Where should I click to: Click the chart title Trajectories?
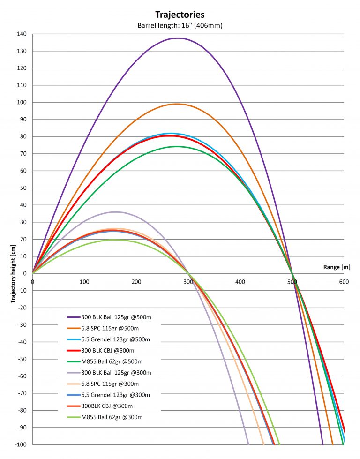180,15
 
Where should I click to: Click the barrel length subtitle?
180,25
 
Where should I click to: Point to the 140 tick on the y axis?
22,34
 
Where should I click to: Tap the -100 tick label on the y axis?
21,444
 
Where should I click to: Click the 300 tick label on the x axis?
188,282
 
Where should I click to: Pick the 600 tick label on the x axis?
344,282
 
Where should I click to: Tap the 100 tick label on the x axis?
84,282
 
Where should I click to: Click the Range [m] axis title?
337,267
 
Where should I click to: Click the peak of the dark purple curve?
178,38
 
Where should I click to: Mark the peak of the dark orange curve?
177,104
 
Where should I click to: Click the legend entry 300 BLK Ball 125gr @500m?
116,317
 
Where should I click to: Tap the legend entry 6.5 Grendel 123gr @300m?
117,395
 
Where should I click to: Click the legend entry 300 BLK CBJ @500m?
107,351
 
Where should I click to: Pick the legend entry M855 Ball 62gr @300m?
112,417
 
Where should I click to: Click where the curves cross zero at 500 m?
292,273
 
